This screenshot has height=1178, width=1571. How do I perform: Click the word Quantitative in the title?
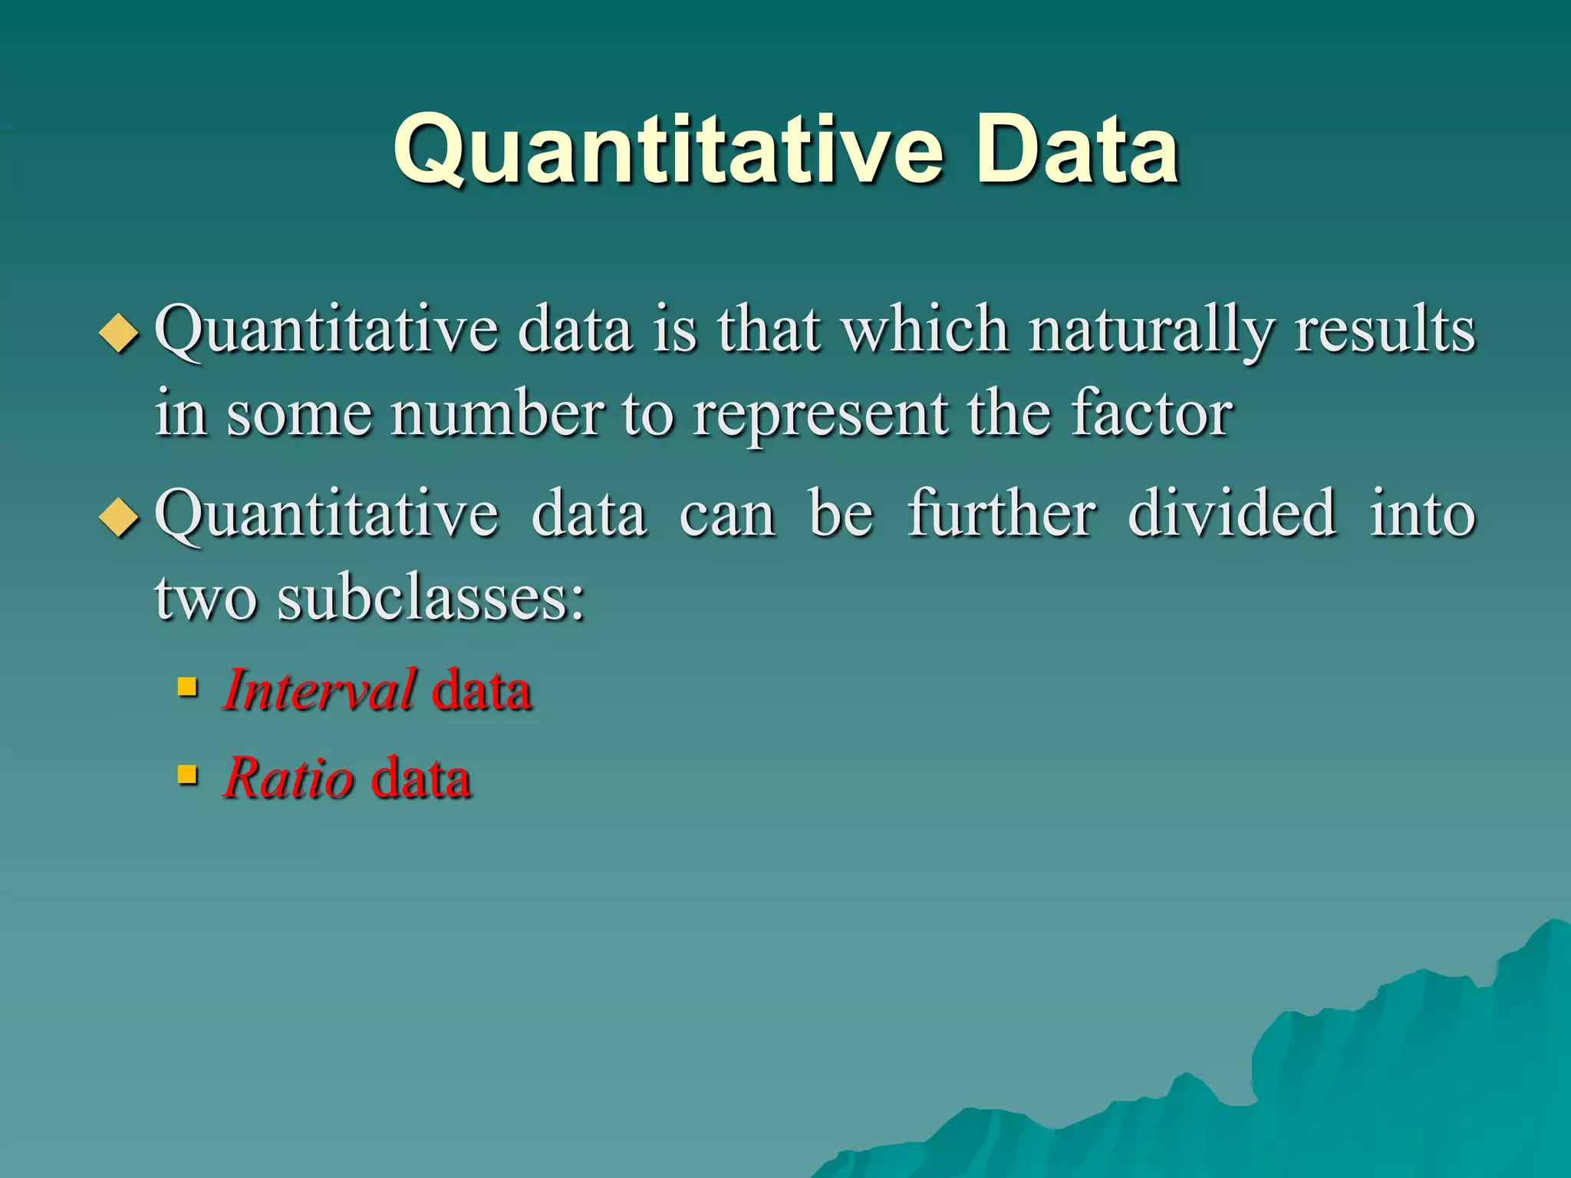[x=667, y=151]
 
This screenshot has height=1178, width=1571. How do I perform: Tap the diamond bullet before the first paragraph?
[x=120, y=334]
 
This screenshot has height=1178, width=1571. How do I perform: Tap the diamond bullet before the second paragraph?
[x=120, y=518]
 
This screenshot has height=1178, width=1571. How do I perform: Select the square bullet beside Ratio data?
[x=187, y=774]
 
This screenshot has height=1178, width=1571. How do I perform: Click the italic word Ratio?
[x=288, y=778]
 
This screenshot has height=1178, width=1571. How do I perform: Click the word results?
[x=1385, y=330]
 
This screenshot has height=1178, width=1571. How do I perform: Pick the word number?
[x=497, y=414]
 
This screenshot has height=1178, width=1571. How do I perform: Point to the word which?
[x=925, y=330]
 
